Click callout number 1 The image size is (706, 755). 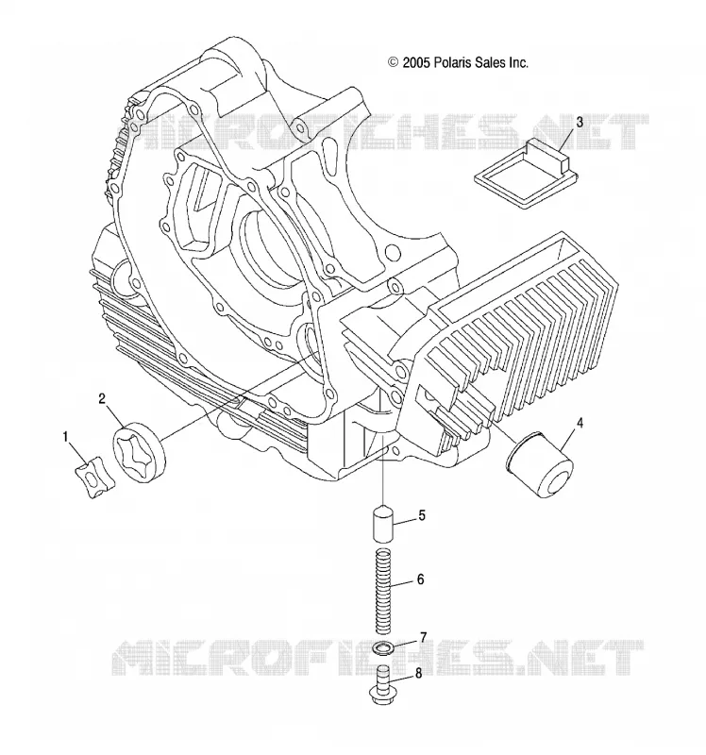click(x=65, y=437)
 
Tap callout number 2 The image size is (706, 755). click(x=102, y=398)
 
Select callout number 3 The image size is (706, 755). click(x=580, y=123)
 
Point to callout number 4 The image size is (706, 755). click(x=580, y=423)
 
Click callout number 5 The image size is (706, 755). click(x=422, y=515)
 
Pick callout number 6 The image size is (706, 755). click(x=420, y=579)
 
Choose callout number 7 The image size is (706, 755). click(x=423, y=638)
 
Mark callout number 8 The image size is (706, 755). click(x=418, y=673)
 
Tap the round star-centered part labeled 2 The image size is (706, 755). click(x=139, y=450)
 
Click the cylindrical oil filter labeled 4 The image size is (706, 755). click(x=539, y=464)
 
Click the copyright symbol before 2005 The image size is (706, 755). click(x=393, y=62)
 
